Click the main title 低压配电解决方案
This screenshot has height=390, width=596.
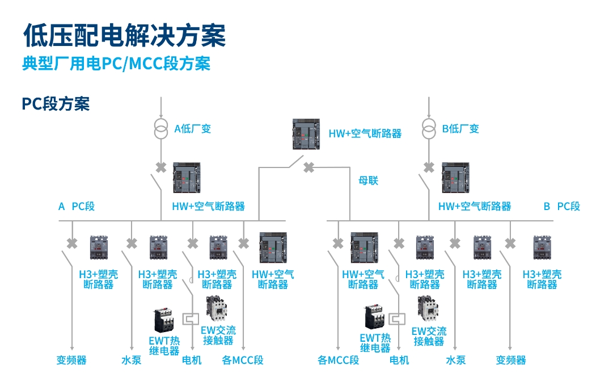(124, 35)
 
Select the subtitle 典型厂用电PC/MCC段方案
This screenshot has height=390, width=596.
(116, 63)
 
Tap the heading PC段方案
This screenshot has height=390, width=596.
(56, 103)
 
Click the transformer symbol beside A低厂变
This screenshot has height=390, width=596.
(161, 128)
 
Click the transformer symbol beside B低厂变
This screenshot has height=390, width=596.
(429, 128)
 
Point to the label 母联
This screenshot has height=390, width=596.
(368, 181)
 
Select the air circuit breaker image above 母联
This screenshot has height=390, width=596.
(306, 134)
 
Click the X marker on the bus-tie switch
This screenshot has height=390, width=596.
(308, 167)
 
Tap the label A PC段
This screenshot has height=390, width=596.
(77, 206)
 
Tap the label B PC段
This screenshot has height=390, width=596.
(561, 206)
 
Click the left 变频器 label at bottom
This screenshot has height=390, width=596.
(71, 360)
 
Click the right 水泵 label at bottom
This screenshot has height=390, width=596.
(455, 360)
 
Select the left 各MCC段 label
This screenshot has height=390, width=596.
(243, 360)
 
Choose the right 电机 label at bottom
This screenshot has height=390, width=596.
(399, 360)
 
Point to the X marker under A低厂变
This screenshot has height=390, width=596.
(161, 167)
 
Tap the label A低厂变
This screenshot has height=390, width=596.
(192, 129)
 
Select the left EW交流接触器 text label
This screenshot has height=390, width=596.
(218, 335)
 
